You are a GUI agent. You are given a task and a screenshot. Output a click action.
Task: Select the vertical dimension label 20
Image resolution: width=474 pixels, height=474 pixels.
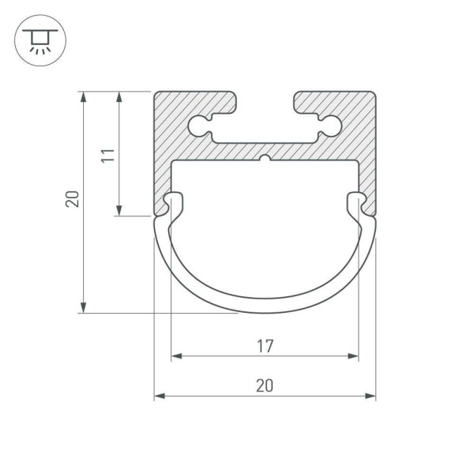click(x=73, y=199)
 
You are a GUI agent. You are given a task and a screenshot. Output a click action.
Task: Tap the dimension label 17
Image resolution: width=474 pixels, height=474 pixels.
click(x=265, y=345)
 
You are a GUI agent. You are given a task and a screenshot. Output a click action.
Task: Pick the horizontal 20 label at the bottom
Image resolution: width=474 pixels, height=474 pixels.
click(x=265, y=385)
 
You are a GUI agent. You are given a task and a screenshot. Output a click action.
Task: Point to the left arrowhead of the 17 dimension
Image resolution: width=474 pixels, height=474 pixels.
click(x=175, y=356)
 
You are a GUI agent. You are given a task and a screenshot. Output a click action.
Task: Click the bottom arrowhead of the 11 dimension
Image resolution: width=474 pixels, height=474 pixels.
click(x=118, y=210)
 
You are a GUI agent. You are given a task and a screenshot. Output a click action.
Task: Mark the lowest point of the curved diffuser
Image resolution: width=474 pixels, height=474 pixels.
click(x=265, y=307)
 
